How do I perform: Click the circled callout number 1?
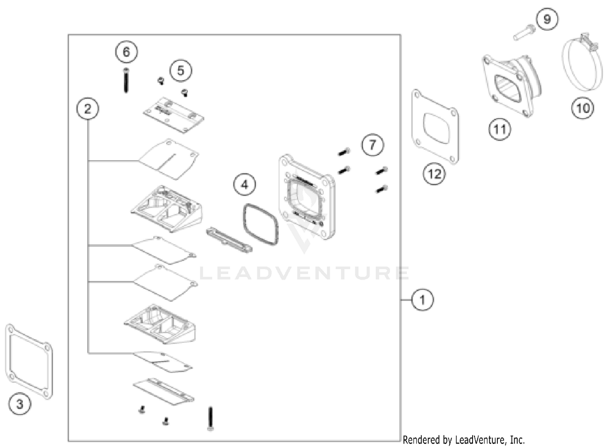click(422, 300)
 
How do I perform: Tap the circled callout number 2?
click(88, 109)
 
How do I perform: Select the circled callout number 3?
click(19, 404)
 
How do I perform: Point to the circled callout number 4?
click(244, 185)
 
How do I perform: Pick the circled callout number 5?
click(181, 71)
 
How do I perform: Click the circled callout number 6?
click(126, 52)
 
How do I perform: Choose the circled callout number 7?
click(373, 145)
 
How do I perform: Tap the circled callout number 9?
click(547, 19)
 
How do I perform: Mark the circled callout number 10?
click(583, 108)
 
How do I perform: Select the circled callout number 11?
click(499, 129)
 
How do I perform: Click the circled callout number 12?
click(434, 174)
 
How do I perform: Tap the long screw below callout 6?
click(126, 81)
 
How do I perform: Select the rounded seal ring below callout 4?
click(260, 224)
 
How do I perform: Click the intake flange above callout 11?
click(508, 85)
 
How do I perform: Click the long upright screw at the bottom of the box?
click(210, 418)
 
